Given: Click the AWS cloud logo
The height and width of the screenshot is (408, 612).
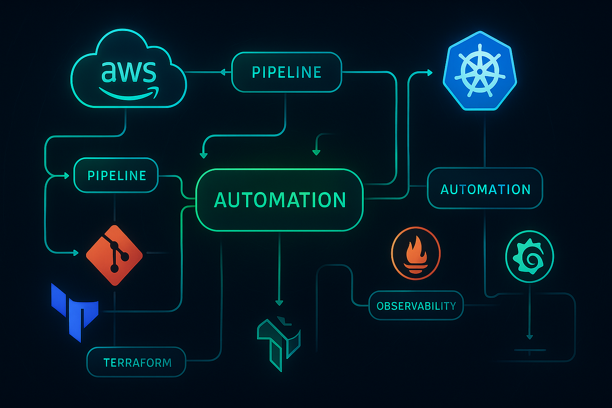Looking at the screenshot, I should tap(129, 70).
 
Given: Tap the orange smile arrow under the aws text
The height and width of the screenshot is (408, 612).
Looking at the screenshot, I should tap(129, 93).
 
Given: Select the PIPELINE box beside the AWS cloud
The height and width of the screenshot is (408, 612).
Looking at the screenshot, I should tap(286, 72).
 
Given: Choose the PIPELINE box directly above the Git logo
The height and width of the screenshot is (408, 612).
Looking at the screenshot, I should tap(116, 175).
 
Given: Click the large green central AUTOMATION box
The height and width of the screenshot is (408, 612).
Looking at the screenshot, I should tap(280, 200).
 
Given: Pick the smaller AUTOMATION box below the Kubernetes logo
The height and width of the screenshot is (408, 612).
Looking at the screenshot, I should tap(485, 188).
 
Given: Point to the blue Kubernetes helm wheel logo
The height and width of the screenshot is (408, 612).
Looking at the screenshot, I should tap(480, 70).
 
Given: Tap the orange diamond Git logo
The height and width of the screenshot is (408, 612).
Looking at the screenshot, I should tap(115, 255).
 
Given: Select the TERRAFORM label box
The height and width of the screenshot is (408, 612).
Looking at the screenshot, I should tap(136, 362).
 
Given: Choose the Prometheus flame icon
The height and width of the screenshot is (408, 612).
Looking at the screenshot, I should tap(415, 253).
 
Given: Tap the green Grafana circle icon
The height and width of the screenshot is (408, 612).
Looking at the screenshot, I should tap(529, 257).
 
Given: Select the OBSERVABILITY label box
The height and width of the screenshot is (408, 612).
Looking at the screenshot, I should tap(416, 306).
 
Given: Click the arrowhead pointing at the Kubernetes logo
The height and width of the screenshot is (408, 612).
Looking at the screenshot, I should tap(429, 73).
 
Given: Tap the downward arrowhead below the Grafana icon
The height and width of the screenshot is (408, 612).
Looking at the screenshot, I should tap(529, 337).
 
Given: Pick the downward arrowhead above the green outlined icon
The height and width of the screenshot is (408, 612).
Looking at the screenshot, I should tap(279, 303).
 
